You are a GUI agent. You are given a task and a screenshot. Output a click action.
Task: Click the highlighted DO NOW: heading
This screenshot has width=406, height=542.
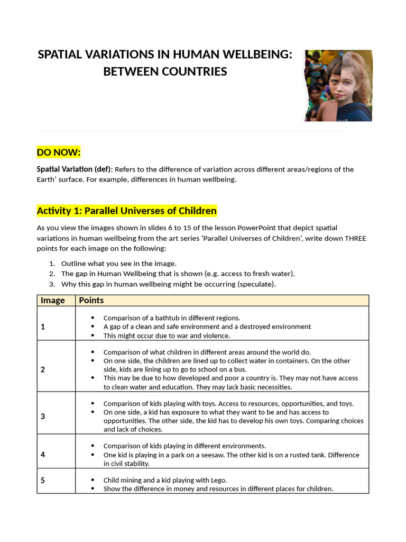[x=59, y=153]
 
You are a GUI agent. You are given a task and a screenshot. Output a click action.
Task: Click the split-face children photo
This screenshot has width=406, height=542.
[x=338, y=86]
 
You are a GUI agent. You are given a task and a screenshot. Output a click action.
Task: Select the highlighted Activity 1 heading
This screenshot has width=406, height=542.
[x=126, y=211]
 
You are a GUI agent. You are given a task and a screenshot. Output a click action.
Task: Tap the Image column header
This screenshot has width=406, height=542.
[x=53, y=300]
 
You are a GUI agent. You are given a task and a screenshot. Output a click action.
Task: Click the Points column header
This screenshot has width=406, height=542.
[x=91, y=300]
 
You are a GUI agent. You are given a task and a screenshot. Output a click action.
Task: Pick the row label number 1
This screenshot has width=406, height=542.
[x=43, y=327]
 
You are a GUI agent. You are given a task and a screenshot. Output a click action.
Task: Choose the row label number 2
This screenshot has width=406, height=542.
[x=43, y=369]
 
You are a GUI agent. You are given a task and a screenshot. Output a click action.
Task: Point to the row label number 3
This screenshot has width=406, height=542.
[x=43, y=417]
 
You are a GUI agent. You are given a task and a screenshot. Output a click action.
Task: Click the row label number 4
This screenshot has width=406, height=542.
[x=43, y=455]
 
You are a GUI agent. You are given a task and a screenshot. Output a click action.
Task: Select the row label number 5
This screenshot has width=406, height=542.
[x=43, y=480]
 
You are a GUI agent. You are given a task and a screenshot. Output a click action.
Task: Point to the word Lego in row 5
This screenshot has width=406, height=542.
[x=219, y=480]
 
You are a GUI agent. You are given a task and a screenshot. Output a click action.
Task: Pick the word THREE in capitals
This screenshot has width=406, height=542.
[x=356, y=238]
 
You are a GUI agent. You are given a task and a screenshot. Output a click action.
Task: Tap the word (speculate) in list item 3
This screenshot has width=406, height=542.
[x=256, y=284]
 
